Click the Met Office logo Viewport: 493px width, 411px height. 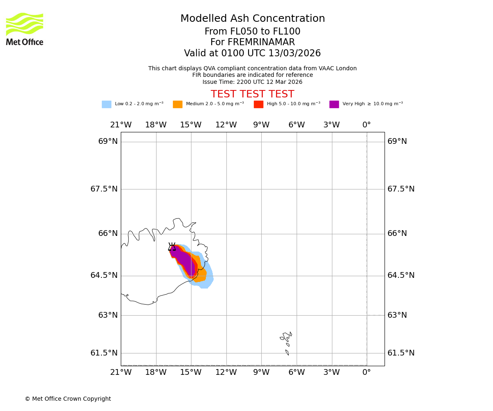25,29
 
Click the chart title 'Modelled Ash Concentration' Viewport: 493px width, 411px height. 252,19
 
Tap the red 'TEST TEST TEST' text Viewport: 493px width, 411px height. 252,94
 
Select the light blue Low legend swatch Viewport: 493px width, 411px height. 106,104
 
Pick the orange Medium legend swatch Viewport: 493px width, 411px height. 177,104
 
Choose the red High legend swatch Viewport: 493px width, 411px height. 258,104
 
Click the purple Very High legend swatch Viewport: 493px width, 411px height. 334,104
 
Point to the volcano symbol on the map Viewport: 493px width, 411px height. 172,247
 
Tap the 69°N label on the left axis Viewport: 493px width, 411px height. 108,141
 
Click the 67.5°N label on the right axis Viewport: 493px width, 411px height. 401,189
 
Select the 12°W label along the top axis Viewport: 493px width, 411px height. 226,125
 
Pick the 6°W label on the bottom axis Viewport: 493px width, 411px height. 296,372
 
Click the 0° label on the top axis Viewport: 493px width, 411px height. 366,125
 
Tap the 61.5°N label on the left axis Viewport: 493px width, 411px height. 104,353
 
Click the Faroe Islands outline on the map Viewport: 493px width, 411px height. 286,339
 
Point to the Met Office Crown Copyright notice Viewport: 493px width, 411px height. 68,399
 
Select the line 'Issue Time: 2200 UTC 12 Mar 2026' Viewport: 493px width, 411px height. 252,82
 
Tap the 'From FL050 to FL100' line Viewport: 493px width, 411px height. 252,32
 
